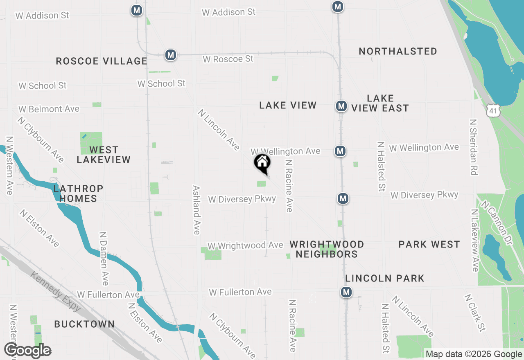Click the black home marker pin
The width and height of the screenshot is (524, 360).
[262, 163]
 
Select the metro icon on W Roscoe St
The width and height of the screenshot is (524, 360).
[171, 55]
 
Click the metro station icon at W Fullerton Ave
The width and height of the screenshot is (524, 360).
[346, 292]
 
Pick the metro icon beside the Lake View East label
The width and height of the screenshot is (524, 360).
[341, 106]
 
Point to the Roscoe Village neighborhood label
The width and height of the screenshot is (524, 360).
[101, 61]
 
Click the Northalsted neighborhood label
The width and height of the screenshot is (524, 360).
[398, 52]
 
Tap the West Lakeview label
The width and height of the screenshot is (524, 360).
[104, 155]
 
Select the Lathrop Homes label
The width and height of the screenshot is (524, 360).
[78, 193]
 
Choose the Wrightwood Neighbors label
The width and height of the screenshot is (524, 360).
[327, 249]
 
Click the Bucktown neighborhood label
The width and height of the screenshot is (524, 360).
[84, 324]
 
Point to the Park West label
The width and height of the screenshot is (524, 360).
[429, 245]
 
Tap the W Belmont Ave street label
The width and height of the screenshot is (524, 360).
[49, 109]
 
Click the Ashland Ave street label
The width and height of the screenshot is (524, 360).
[196, 210]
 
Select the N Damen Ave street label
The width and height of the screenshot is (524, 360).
[104, 259]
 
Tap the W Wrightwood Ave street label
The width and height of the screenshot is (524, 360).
[245, 245]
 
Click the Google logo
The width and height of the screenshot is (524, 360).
[27, 351]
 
